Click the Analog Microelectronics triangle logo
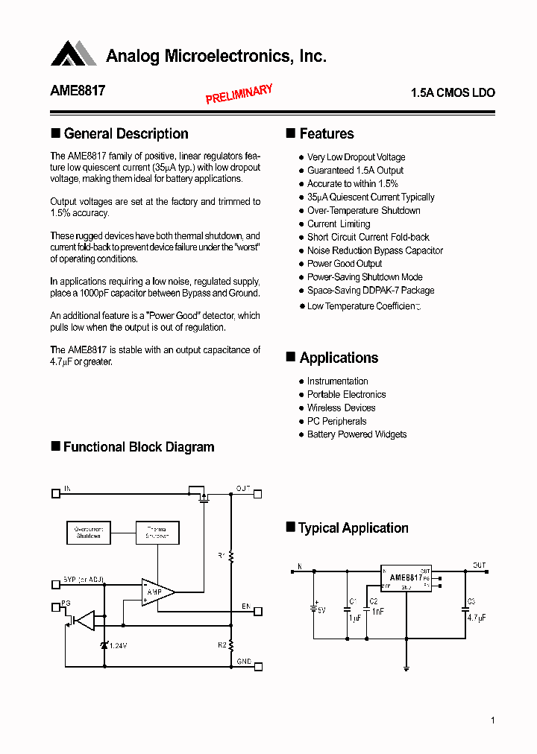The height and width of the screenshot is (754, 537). pyautogui.click(x=74, y=54)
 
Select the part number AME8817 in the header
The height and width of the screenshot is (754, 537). pyautogui.click(x=78, y=91)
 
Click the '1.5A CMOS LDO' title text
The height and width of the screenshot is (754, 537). pyautogui.click(x=453, y=93)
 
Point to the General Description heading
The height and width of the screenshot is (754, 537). pyautogui.click(x=125, y=134)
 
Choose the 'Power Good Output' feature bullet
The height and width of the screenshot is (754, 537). pyautogui.click(x=344, y=264)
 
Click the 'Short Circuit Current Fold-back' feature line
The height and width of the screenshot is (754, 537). pyautogui.click(x=368, y=237)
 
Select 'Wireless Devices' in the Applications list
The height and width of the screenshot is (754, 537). pyautogui.click(x=341, y=408)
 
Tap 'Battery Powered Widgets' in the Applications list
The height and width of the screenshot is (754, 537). pyautogui.click(x=357, y=435)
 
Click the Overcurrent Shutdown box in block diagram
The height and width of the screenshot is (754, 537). pyautogui.click(x=89, y=532)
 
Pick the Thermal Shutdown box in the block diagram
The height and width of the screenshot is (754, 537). pyautogui.click(x=157, y=532)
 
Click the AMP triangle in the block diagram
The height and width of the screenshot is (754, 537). pyautogui.click(x=156, y=592)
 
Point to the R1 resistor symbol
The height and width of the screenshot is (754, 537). pyautogui.click(x=231, y=556)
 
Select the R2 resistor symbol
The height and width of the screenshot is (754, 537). pyautogui.click(x=231, y=644)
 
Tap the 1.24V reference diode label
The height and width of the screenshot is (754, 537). pyautogui.click(x=116, y=645)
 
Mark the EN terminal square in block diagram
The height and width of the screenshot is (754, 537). pyautogui.click(x=258, y=611)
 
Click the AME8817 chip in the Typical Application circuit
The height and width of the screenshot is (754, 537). pyautogui.click(x=406, y=578)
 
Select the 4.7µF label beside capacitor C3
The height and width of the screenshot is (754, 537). pyautogui.click(x=477, y=618)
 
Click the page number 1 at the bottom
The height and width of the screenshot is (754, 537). pyautogui.click(x=493, y=720)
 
